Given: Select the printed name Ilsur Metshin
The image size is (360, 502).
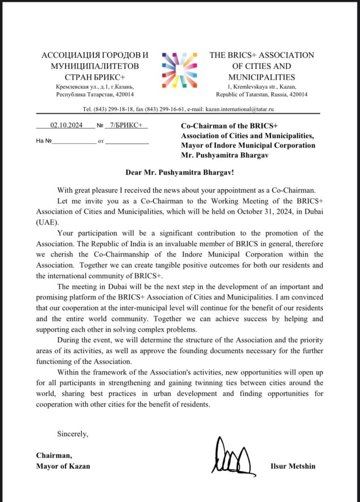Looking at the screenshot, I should tap(292, 466).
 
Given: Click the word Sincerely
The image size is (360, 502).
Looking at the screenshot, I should tap(73, 433).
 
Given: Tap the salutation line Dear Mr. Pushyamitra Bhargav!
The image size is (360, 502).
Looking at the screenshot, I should tap(180, 173).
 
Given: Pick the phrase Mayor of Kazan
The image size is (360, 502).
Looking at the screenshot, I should tap(63, 466).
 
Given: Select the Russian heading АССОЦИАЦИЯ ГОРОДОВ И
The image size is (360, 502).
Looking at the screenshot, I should tap(95, 55).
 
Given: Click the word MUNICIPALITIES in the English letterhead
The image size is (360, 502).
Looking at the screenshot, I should tap(262, 77).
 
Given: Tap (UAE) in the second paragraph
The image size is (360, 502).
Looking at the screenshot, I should tap(47, 221).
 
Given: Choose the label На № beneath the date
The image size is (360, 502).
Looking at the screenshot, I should tap(44, 141).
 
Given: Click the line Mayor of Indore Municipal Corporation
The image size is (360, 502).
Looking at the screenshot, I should tap(248, 146).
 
